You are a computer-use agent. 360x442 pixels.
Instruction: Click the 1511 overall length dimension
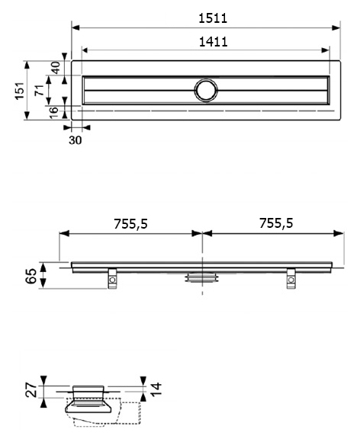pos(213,18)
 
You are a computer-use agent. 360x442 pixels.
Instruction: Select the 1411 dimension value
pos(213,42)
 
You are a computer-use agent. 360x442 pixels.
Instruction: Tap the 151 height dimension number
pos(20,91)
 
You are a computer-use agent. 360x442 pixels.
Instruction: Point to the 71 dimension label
pos(40,90)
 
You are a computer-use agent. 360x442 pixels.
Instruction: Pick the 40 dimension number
pos(56,68)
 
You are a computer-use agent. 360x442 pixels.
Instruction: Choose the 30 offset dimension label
pos(75,140)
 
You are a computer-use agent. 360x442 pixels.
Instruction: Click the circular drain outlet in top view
pos(206,90)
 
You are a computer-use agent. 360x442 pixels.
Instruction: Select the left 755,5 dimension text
pos(130,224)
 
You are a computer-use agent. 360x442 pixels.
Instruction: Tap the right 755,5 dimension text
pos(276,223)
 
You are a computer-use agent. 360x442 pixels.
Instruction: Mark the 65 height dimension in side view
pos(31,276)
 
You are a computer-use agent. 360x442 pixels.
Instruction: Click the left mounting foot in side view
pos(112,279)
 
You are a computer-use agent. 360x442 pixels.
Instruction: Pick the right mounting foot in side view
pos(291,279)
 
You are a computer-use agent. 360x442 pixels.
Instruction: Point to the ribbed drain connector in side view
pos(202,277)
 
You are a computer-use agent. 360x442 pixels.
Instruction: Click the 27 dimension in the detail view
pos(31,390)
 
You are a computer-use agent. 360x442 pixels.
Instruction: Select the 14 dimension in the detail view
pos(156,389)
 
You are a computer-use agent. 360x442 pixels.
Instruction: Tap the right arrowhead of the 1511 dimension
pos(336,27)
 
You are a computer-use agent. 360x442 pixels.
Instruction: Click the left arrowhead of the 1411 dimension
pos(85,50)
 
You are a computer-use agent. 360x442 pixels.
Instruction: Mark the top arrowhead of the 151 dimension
pos(27,65)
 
